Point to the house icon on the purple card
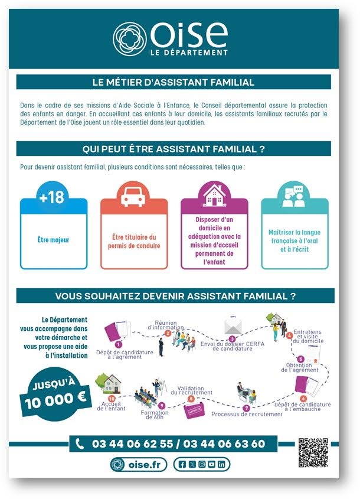pos(215,195)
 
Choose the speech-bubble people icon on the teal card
pos(294,196)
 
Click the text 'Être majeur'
pos(54,240)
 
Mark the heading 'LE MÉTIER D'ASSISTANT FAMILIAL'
pos(174,82)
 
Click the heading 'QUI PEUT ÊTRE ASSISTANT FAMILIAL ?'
pos(174,149)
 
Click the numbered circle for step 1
pos(119,344)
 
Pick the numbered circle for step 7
pos(247,408)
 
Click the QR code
pos(313,453)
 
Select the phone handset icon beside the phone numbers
pos(80,444)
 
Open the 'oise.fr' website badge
pos(139,465)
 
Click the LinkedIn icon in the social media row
pos(221,465)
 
